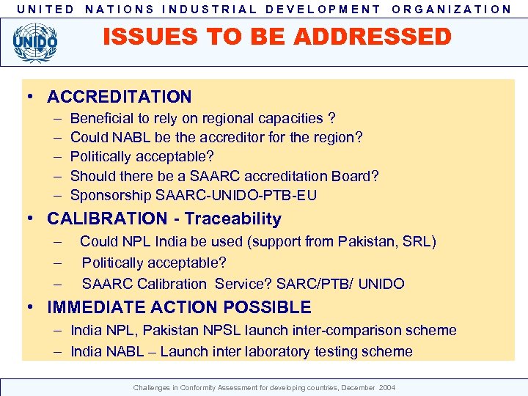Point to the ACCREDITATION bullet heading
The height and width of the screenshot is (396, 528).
[120, 97]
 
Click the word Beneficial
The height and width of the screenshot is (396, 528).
[101, 118]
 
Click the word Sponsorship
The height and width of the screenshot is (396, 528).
[111, 195]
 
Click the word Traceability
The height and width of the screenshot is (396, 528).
[233, 219]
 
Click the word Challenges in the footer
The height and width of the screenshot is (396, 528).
[150, 386]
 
